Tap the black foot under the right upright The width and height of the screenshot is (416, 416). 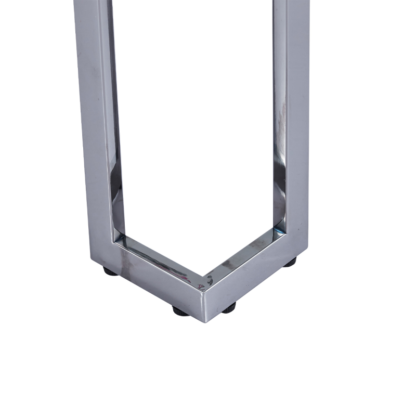(x=290, y=262)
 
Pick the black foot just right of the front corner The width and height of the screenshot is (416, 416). (x=229, y=308)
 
